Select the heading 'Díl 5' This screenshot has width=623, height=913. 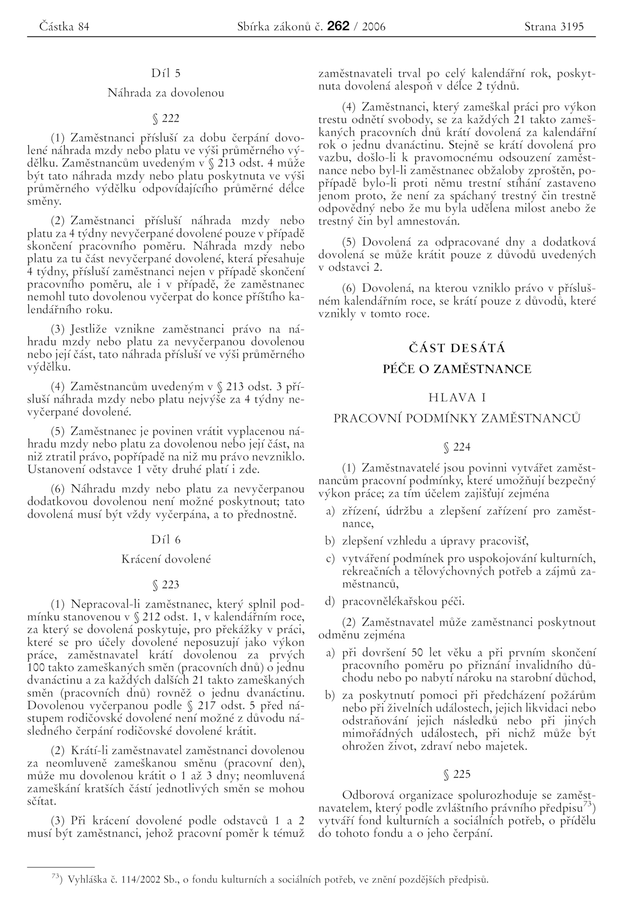[x=165, y=73]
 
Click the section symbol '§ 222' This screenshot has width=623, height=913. [x=165, y=118]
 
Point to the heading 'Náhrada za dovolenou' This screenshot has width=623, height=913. [x=165, y=93]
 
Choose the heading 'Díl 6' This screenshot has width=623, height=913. [x=165, y=539]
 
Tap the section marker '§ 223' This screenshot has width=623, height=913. [x=165, y=584]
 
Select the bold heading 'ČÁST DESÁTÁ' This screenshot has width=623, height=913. [x=457, y=348]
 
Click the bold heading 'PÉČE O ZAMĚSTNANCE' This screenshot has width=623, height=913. [x=457, y=369]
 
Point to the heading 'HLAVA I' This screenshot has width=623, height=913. [x=457, y=397]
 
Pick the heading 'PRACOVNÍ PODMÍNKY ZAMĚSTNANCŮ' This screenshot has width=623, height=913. [x=457, y=418]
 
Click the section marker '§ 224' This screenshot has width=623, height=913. [x=457, y=447]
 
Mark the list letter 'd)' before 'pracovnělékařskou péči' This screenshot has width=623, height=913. [x=329, y=602]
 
